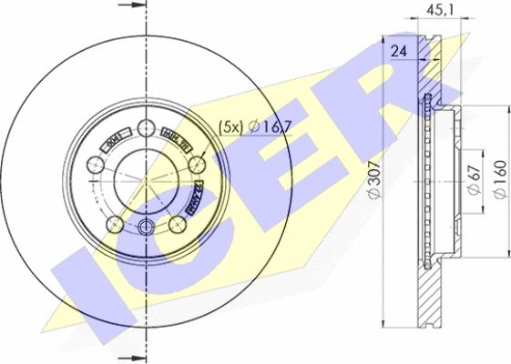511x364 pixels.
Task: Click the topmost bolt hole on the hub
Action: pyautogui.click(x=147, y=127)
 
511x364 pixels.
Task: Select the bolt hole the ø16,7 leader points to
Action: pyautogui.click(x=198, y=165)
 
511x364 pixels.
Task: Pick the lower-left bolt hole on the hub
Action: pyautogui.click(x=114, y=225)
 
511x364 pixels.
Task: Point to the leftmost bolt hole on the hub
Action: pyautogui.click(x=96, y=165)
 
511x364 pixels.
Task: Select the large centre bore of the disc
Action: pyautogui.click(x=147, y=180)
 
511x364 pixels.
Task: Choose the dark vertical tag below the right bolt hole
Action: pyautogui.click(x=194, y=196)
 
